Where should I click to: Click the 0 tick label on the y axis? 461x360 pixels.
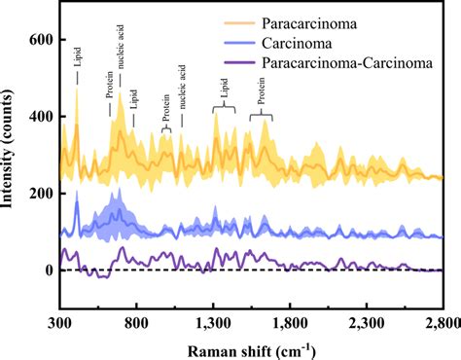click(47, 270)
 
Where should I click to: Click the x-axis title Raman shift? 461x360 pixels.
click(251, 348)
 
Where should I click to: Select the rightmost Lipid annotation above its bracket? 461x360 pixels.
click(225, 94)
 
